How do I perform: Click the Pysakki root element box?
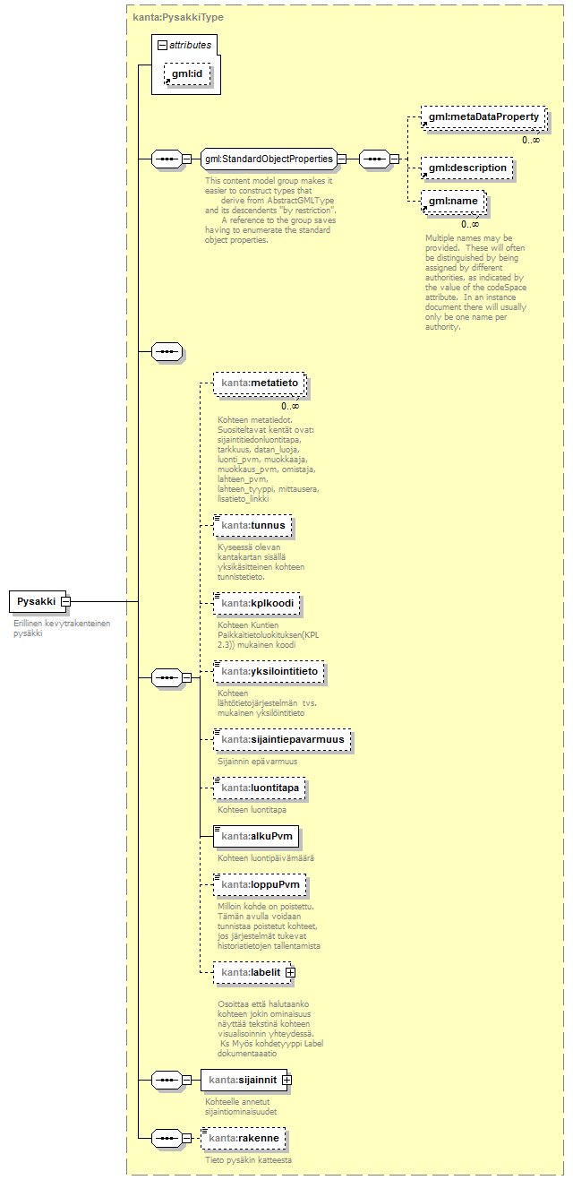point(36,601)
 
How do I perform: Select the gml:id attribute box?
point(187,75)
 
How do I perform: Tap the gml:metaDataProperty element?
point(483,117)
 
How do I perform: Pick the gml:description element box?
point(466,168)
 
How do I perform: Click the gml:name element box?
point(455,202)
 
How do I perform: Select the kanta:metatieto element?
point(260,383)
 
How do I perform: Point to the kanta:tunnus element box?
point(253,525)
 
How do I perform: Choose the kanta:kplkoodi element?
point(257,603)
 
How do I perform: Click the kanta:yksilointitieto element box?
point(269,671)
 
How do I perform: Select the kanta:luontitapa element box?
point(261,788)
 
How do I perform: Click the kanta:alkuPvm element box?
point(256,837)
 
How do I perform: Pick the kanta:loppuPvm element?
point(260,885)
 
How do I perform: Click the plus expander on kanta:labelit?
point(290,972)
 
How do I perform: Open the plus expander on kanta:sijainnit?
point(286,1081)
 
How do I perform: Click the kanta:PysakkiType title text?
point(178,17)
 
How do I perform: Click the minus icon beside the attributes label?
point(161,44)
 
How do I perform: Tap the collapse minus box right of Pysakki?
point(65,601)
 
